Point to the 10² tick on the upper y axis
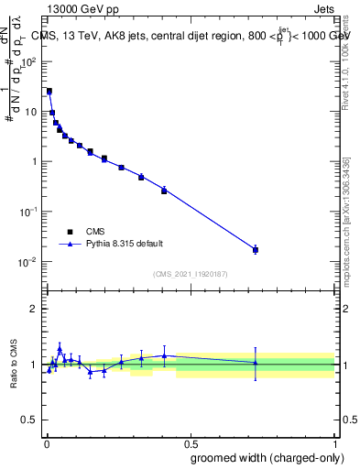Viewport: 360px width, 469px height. pyautogui.click(x=29, y=61)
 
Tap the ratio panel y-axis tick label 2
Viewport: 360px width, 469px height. pyautogui.click(x=33, y=309)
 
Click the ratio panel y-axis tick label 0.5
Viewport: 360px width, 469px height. pyautogui.click(x=29, y=420)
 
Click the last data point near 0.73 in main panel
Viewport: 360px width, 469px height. pyautogui.click(x=256, y=249)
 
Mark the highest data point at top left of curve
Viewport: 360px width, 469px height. pyautogui.click(x=49, y=92)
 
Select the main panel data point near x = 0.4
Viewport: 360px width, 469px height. pyautogui.click(x=164, y=191)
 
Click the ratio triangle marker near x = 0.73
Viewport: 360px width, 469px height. pyautogui.click(x=256, y=363)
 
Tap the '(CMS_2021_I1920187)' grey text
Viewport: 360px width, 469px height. pyautogui.click(x=191, y=274)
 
